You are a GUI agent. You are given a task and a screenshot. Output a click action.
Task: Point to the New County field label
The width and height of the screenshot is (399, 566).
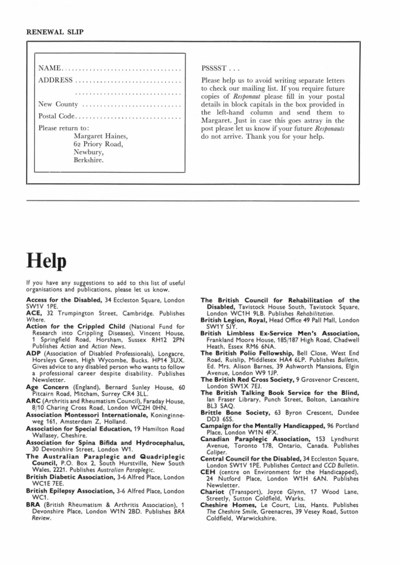click(x=58, y=104)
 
